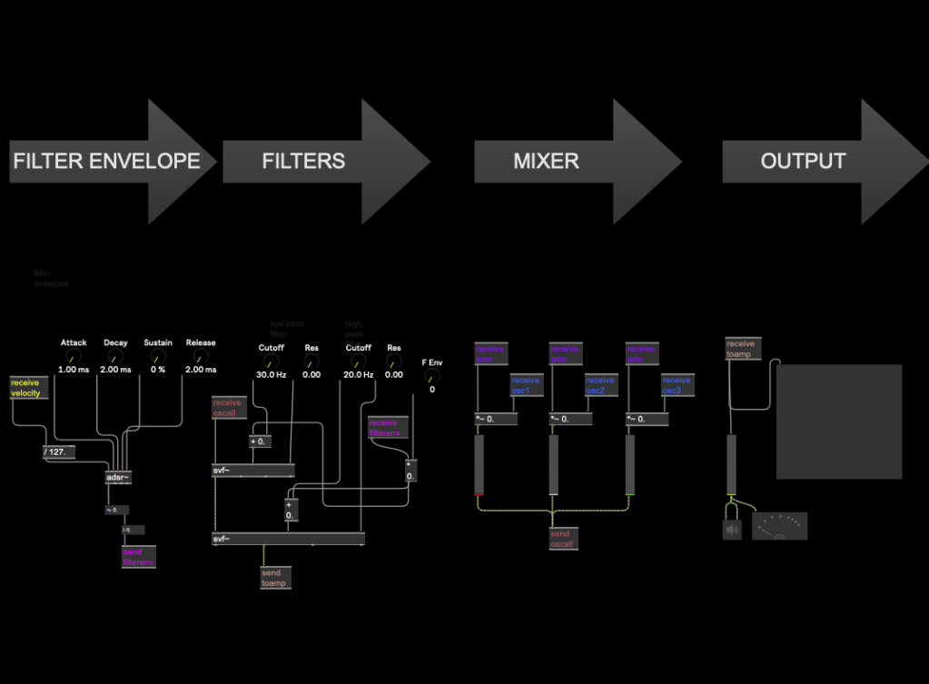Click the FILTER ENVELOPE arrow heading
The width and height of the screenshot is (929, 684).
click(106, 162)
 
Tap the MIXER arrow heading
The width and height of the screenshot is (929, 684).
click(546, 162)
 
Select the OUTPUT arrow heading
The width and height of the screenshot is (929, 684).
click(803, 162)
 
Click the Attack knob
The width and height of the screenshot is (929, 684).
click(74, 357)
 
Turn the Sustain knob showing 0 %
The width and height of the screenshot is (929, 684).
click(158, 357)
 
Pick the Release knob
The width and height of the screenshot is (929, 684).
click(201, 357)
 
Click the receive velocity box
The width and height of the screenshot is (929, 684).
click(27, 388)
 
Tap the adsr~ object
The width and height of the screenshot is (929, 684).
click(119, 477)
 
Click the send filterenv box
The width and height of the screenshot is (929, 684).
click(139, 557)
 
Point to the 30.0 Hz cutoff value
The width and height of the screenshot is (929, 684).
click(271, 374)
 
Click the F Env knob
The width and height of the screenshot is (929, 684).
click(432, 375)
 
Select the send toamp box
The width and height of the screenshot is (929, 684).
click(274, 578)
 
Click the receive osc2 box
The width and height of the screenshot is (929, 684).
click(601, 385)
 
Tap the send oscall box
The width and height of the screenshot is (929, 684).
click(563, 539)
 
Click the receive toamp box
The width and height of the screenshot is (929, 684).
click(741, 349)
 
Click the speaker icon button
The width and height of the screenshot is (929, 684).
click(732, 529)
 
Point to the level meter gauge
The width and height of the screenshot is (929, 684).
click(779, 526)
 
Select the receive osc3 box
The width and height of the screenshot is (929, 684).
click(677, 385)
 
